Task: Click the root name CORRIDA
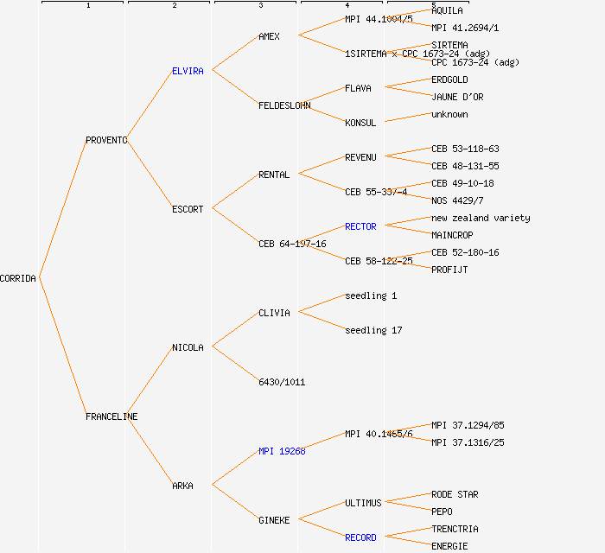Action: click(18, 278)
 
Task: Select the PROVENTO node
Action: click(106, 140)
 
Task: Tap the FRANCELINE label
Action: click(111, 416)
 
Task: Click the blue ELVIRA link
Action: click(188, 71)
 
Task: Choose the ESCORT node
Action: click(188, 209)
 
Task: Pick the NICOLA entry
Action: click(188, 347)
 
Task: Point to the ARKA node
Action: click(182, 486)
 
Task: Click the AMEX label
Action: click(269, 36)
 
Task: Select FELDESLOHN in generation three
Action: click(284, 105)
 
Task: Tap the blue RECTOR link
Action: click(360, 226)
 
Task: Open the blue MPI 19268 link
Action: click(282, 451)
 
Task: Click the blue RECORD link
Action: click(360, 537)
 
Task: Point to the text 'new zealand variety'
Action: click(481, 218)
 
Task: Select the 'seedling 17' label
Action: click(373, 330)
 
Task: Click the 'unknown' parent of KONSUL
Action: click(449, 114)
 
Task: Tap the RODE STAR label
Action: click(455, 494)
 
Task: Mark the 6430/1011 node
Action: click(282, 382)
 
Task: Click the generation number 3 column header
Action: click(260, 6)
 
